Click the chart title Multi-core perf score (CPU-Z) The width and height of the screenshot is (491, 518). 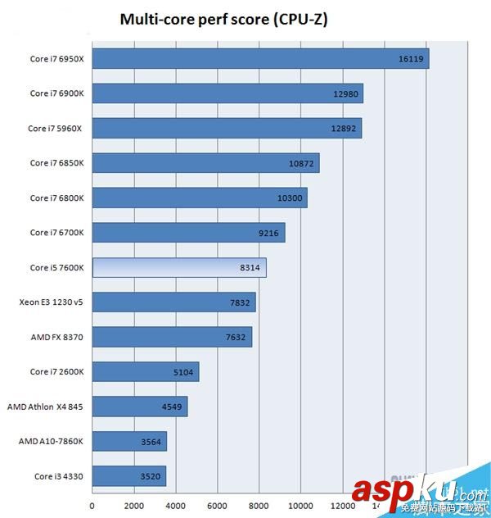223,19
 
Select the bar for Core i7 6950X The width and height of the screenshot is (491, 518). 260,59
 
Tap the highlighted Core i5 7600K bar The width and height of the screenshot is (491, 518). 179,268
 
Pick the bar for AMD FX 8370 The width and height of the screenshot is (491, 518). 172,337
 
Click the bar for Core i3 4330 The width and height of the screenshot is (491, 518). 129,475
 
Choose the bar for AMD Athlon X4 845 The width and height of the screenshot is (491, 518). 140,407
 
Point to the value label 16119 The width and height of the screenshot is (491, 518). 411,59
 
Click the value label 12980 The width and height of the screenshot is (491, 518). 346,93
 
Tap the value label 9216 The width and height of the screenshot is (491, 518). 268,233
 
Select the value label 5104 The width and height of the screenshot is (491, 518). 182,372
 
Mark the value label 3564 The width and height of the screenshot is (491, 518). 151,442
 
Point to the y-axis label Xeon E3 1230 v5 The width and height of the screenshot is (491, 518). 52,302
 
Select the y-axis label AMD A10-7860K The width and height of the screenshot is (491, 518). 51,442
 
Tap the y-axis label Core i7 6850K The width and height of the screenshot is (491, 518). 57,163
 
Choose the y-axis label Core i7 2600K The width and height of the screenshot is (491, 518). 57,372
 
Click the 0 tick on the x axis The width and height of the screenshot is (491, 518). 92,505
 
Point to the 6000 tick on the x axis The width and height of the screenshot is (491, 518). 217,505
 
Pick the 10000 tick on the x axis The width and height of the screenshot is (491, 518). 300,505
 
